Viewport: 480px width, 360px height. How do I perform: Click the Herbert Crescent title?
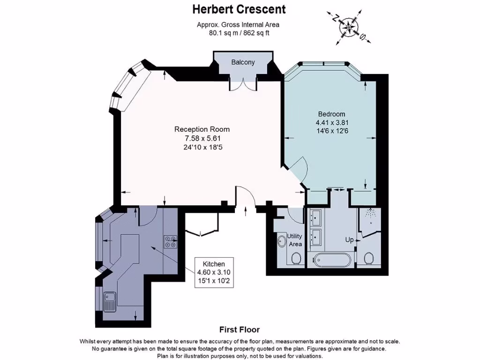240,9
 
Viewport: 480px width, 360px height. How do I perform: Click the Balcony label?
243,62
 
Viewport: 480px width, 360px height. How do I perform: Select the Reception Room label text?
202,129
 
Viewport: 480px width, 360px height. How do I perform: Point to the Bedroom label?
331,114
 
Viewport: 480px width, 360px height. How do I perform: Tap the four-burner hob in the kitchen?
170,241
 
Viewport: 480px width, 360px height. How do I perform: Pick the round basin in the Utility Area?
282,241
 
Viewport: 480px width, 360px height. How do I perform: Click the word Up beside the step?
349,240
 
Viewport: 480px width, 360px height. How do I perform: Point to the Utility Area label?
295,240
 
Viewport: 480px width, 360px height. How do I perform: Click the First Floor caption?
240,330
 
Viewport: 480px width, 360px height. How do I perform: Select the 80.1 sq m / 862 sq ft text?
240,33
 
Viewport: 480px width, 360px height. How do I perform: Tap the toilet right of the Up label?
369,258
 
